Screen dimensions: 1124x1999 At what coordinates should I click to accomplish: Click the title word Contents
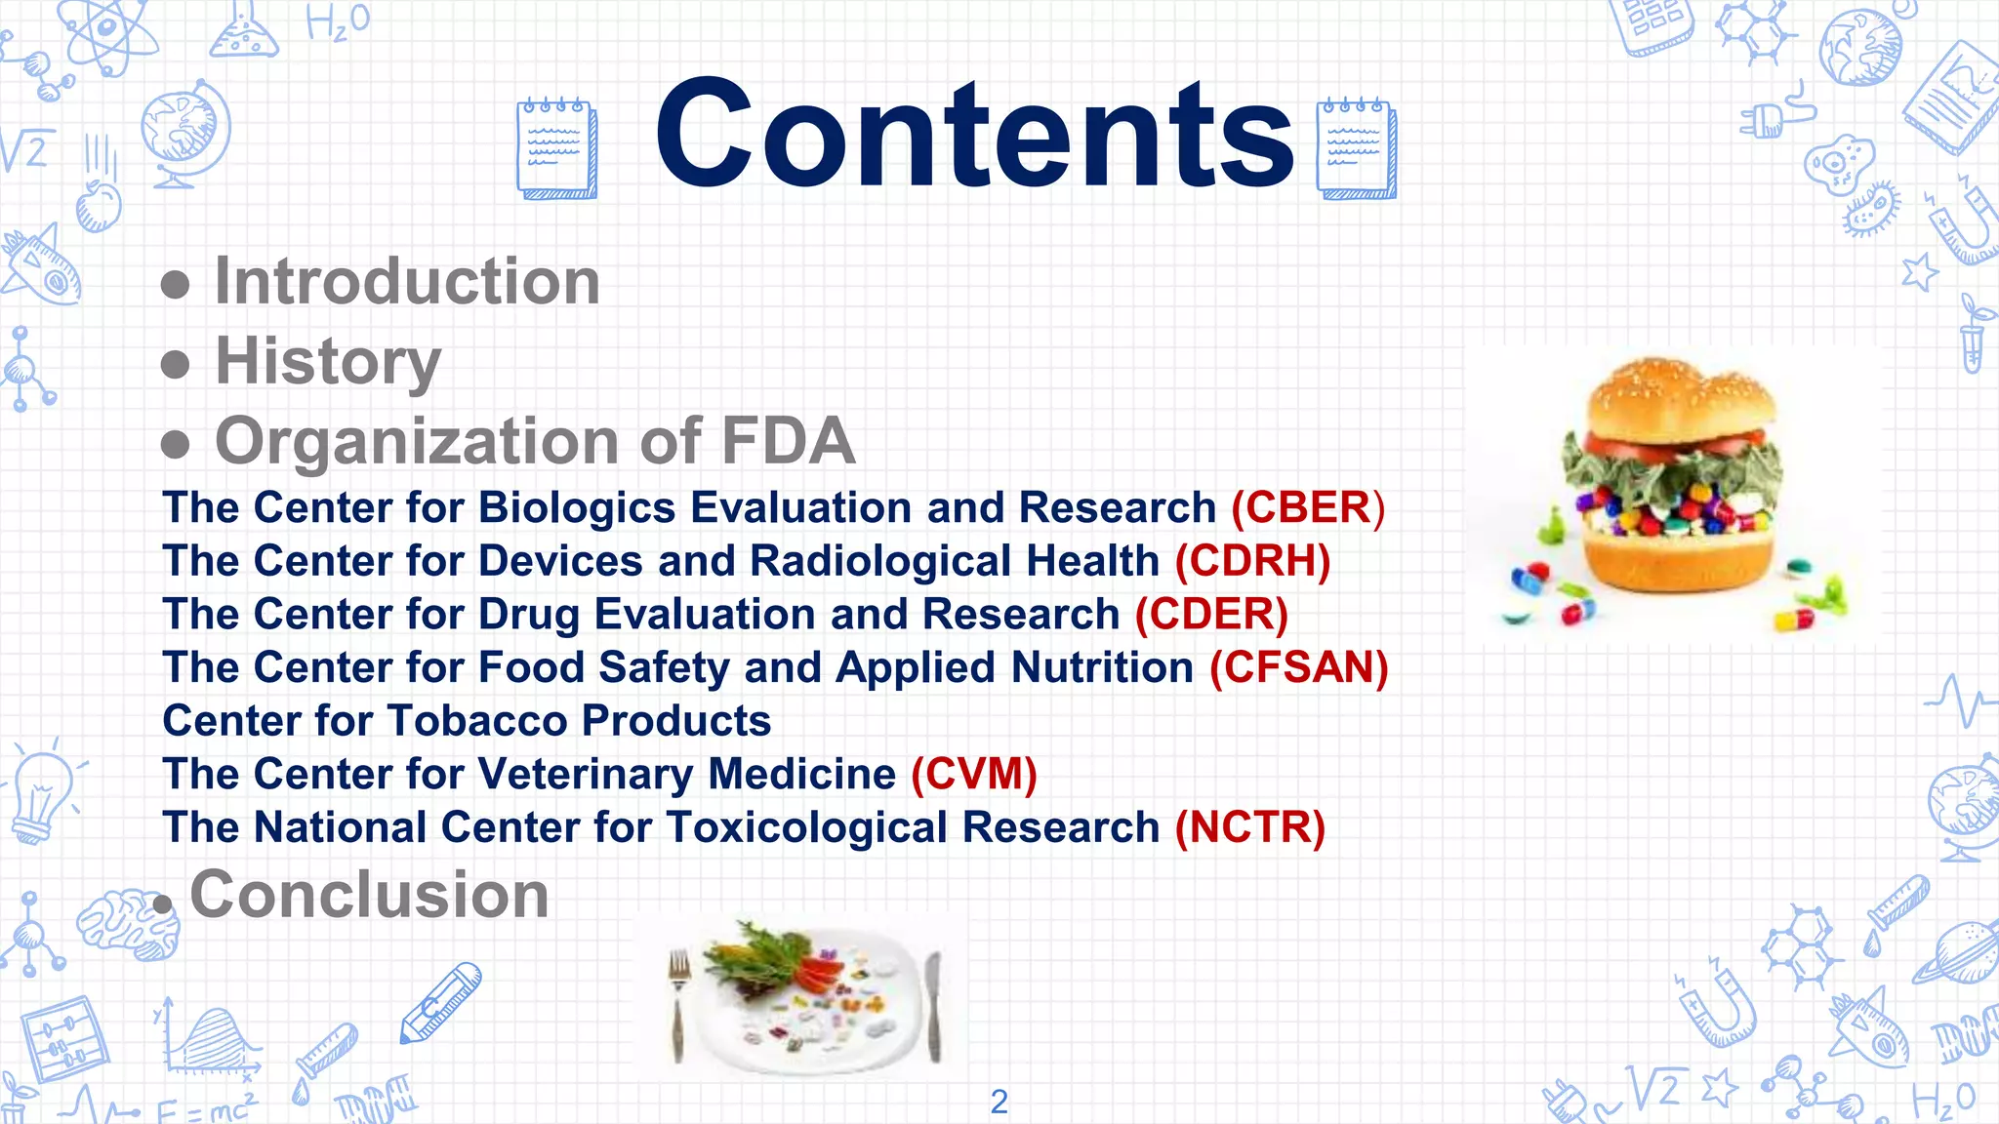pos(974,134)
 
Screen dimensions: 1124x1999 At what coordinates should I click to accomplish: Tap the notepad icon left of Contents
pos(556,148)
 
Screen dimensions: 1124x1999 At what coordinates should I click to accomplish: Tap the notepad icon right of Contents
pos(1356,148)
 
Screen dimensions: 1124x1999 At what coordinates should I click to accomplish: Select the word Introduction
pos(407,282)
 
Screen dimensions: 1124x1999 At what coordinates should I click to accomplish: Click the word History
pos(328,362)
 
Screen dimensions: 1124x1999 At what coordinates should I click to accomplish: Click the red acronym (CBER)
pos(1308,508)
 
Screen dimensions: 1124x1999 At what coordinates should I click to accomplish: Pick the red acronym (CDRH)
pos(1252,562)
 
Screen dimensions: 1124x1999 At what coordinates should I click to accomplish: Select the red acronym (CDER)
pos(1211,615)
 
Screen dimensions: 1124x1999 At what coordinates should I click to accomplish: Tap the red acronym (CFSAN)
pos(1298,668)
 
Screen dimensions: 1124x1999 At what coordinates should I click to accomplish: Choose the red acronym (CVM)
pos(973,775)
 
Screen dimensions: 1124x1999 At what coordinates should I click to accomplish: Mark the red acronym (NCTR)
pos(1249,828)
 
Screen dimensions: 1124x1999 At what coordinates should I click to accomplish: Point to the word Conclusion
pos(369,895)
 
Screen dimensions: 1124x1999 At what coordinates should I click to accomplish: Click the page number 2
pos(999,1102)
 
